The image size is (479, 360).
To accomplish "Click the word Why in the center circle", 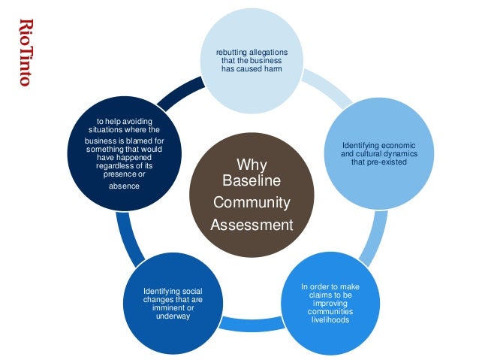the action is (x=251, y=164).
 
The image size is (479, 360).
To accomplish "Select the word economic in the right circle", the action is (x=402, y=145).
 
